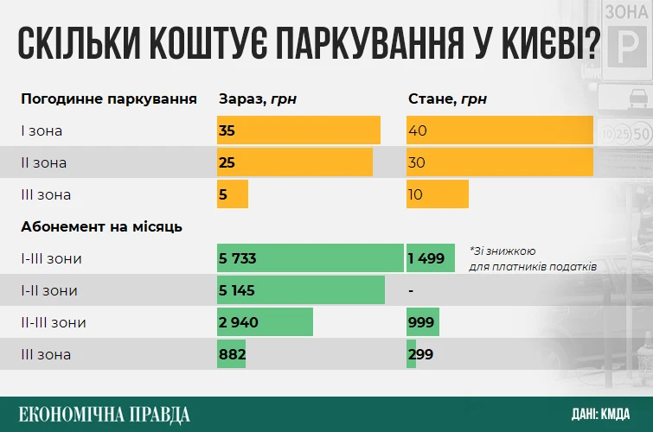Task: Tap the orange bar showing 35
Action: pyautogui.click(x=298, y=130)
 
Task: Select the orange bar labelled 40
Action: pyautogui.click(x=499, y=130)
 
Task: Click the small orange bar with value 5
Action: pyautogui.click(x=233, y=194)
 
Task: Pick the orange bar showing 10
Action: pyautogui.click(x=437, y=194)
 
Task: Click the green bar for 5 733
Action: pyautogui.click(x=310, y=258)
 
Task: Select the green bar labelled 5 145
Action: pyautogui.click(x=300, y=290)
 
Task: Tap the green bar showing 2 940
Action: pyautogui.click(x=265, y=322)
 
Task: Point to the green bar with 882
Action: pyautogui.click(x=232, y=354)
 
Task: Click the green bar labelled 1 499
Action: pyautogui.click(x=430, y=258)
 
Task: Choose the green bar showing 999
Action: pyautogui.click(x=422, y=322)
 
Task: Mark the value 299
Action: pyautogui.click(x=421, y=354)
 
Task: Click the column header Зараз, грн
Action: pyautogui.click(x=257, y=98)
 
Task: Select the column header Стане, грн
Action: pyautogui.click(x=447, y=98)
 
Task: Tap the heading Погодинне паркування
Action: pyautogui.click(x=109, y=98)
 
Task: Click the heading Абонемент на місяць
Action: pyautogui.click(x=101, y=226)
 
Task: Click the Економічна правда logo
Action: pyautogui.click(x=104, y=413)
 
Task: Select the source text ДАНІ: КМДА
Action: pyautogui.click(x=600, y=413)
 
